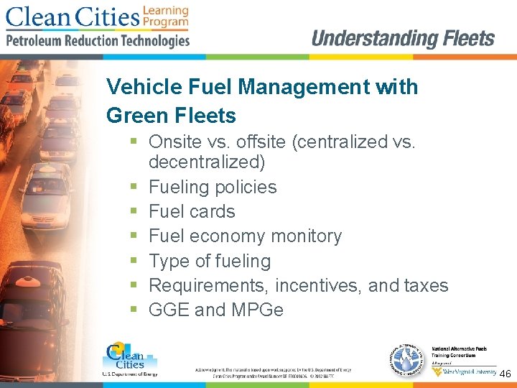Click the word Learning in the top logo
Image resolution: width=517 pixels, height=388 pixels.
point(165,10)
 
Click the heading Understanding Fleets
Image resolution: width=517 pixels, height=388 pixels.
point(403,38)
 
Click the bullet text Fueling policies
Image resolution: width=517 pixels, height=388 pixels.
point(213,187)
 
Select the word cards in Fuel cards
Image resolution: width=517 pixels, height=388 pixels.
point(213,211)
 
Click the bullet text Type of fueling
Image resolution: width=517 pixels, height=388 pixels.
point(210,261)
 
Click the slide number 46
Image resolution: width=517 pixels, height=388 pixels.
point(505,374)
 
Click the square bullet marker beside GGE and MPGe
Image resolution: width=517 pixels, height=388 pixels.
point(134,310)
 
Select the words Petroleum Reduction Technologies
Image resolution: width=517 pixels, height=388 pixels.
point(98,40)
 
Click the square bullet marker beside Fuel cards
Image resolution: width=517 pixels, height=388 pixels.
point(134,212)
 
